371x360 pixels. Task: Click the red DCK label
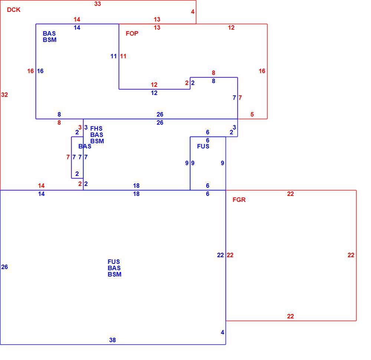(x=13, y=10)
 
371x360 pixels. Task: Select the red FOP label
(x=132, y=33)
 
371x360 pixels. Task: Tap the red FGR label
(x=239, y=200)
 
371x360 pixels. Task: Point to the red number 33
(x=98, y=4)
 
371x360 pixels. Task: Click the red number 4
(x=193, y=12)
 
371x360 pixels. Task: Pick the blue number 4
(x=222, y=332)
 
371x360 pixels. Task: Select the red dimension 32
(x=4, y=95)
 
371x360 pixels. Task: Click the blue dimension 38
(x=112, y=340)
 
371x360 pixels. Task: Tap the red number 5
(x=252, y=115)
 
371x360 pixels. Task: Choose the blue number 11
(x=114, y=56)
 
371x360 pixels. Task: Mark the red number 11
(x=123, y=56)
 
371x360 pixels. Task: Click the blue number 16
(x=40, y=71)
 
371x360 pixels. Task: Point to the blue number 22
(x=220, y=255)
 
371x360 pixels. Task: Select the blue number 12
(x=154, y=93)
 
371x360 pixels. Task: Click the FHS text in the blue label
(x=96, y=128)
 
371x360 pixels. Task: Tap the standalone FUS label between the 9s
(x=203, y=146)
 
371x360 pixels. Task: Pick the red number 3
(x=80, y=127)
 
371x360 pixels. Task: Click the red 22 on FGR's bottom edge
(x=290, y=316)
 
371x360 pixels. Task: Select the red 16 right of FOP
(x=262, y=71)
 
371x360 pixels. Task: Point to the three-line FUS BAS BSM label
(x=115, y=268)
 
